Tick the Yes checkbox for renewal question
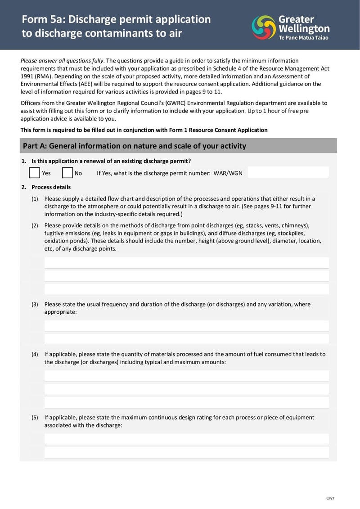coord(34,173)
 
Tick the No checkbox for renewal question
coord(67,173)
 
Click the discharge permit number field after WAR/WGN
coord(288,173)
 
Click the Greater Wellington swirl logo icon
coord(264,27)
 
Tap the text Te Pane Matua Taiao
coord(304,38)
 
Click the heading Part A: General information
coord(134,146)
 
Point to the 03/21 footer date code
coord(330,498)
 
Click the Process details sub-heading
coord(51,187)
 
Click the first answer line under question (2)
coord(186,263)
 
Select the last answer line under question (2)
coord(186,289)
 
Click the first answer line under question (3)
coord(186,326)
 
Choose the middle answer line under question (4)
coord(186,389)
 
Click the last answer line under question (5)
coord(186,452)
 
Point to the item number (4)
coord(35,354)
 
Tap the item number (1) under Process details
coord(35,199)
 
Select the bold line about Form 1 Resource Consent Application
coord(144,130)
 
